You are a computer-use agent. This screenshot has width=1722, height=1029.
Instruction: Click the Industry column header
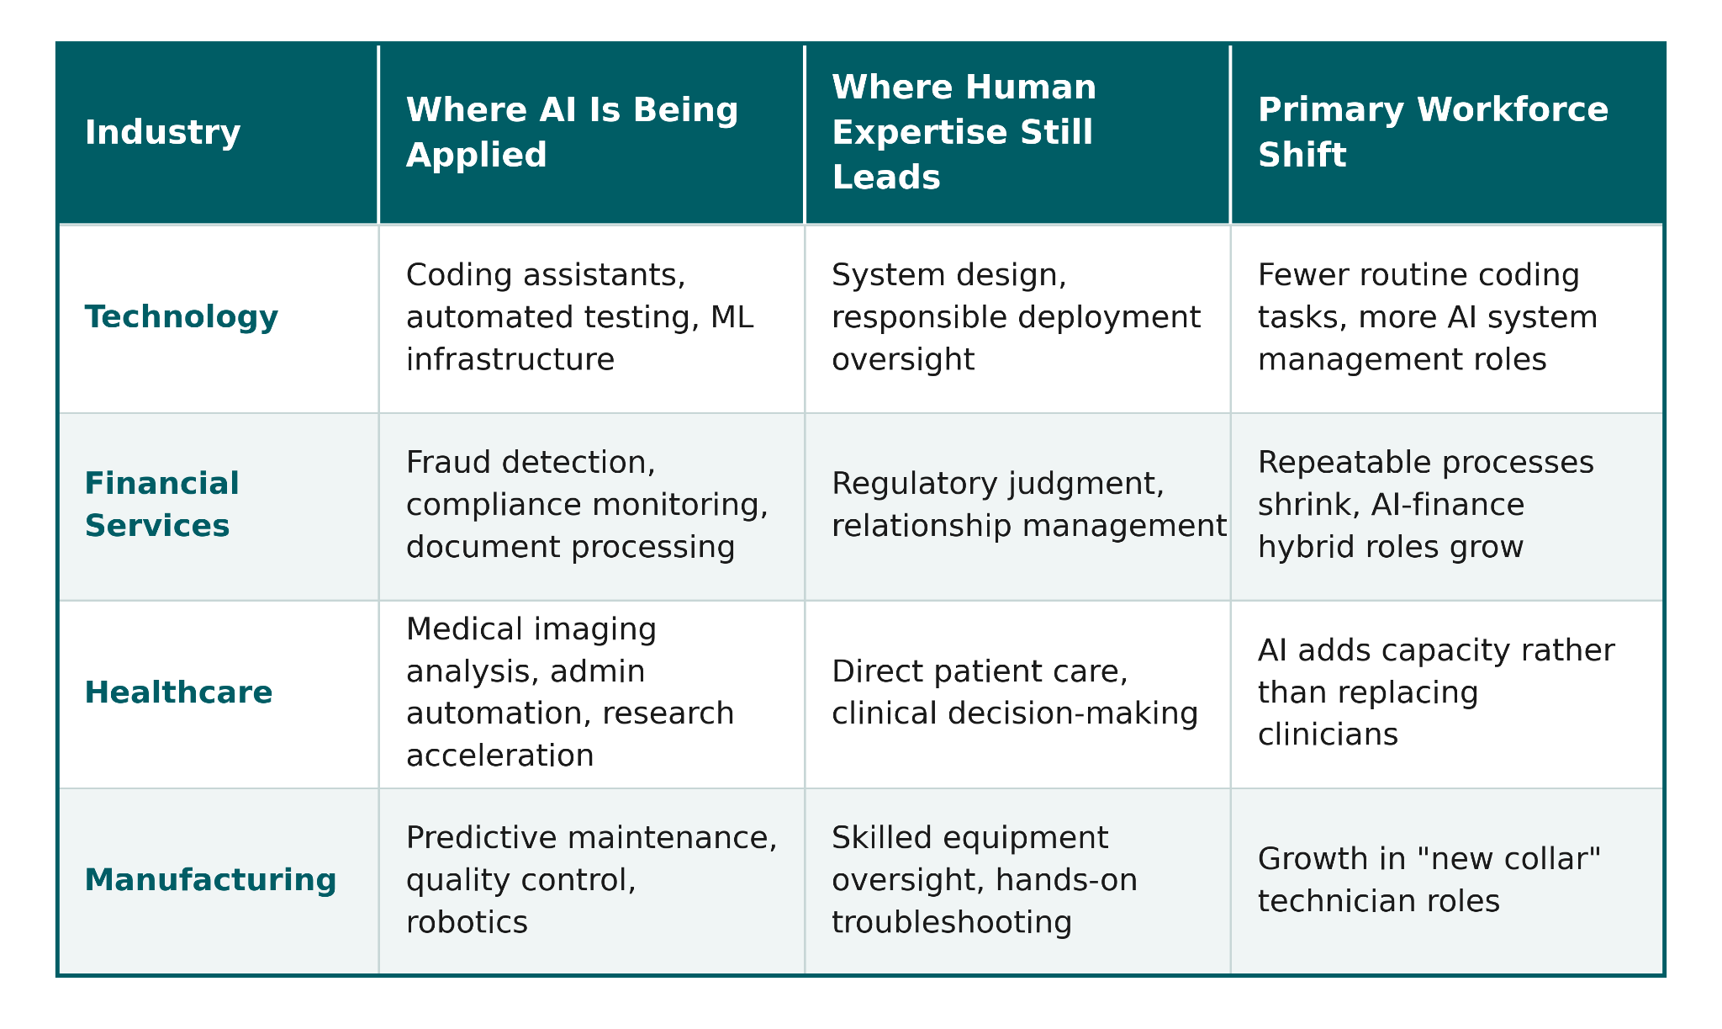[163, 133]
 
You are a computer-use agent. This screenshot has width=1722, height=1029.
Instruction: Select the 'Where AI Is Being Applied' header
[573, 133]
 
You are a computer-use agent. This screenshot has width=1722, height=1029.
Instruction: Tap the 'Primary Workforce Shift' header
[1434, 133]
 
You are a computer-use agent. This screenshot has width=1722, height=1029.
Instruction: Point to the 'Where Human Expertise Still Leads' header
[964, 133]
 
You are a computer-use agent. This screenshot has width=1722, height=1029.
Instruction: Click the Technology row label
[182, 317]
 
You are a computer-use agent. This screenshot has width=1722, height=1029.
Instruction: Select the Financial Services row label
[162, 505]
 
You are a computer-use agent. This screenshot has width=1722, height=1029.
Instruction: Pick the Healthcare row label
[179, 692]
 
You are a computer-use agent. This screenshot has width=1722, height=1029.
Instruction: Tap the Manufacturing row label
[211, 880]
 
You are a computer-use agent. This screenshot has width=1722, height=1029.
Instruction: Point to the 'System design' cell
[1017, 317]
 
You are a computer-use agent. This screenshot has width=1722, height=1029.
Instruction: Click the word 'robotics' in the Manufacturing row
[467, 923]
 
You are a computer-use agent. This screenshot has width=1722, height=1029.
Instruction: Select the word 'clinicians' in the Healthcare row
[1328, 735]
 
